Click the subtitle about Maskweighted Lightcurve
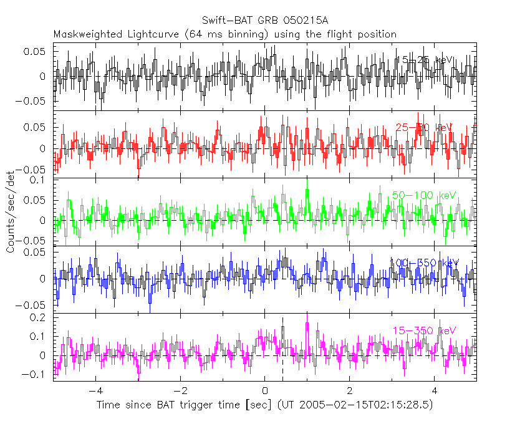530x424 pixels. click(225, 34)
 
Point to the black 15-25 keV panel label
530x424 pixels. click(424, 60)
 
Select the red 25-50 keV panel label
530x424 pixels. click(424, 127)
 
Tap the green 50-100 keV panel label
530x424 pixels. click(422, 195)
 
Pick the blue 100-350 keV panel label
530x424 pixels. click(424, 263)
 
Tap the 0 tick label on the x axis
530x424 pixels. click(265, 392)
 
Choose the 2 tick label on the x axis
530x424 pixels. click(350, 392)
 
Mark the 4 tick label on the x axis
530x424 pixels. click(435, 392)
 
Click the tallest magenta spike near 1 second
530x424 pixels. click(307, 324)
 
